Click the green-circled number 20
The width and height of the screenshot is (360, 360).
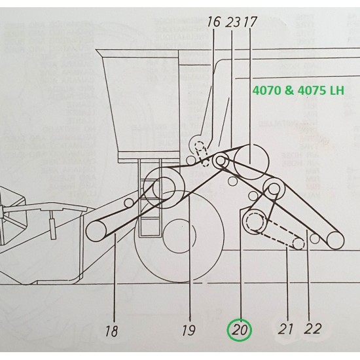pyautogui.click(x=240, y=329)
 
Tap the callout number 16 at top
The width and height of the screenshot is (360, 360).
pyautogui.click(x=213, y=22)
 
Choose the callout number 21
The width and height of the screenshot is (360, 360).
pyautogui.click(x=285, y=329)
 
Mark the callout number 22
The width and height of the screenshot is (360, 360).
pyautogui.click(x=314, y=329)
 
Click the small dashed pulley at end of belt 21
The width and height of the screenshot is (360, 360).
pyautogui.click(x=298, y=243)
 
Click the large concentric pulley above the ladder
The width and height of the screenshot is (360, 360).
pyautogui.click(x=164, y=188)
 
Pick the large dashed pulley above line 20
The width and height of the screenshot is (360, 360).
pyautogui.click(x=252, y=224)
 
